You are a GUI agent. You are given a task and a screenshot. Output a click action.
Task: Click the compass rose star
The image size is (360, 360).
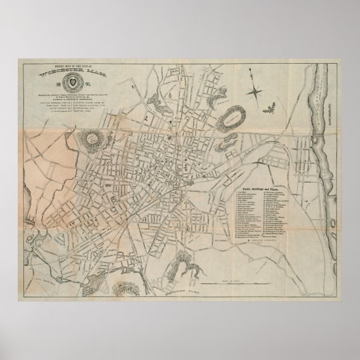pos(256,90)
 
